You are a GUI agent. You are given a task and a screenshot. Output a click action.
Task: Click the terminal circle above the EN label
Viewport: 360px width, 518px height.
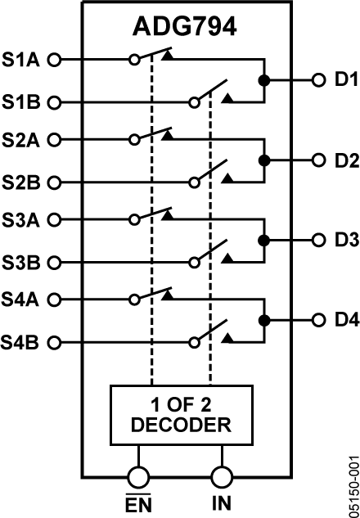coord(137,476)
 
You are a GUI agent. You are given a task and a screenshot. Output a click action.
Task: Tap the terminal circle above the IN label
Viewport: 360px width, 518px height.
coord(221,476)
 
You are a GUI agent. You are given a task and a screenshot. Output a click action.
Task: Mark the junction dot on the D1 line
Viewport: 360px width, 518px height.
coord(263,80)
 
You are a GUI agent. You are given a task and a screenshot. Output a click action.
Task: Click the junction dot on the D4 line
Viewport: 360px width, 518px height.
coord(263,320)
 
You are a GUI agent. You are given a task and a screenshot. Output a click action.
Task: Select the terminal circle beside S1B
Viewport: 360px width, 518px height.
coord(55,102)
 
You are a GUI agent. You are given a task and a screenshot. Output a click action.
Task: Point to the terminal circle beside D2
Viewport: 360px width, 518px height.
coord(317,160)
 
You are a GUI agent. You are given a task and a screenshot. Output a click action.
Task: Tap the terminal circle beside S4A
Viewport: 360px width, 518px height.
coord(55,300)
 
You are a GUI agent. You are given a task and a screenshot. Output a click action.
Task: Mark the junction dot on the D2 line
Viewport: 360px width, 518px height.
coord(263,160)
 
